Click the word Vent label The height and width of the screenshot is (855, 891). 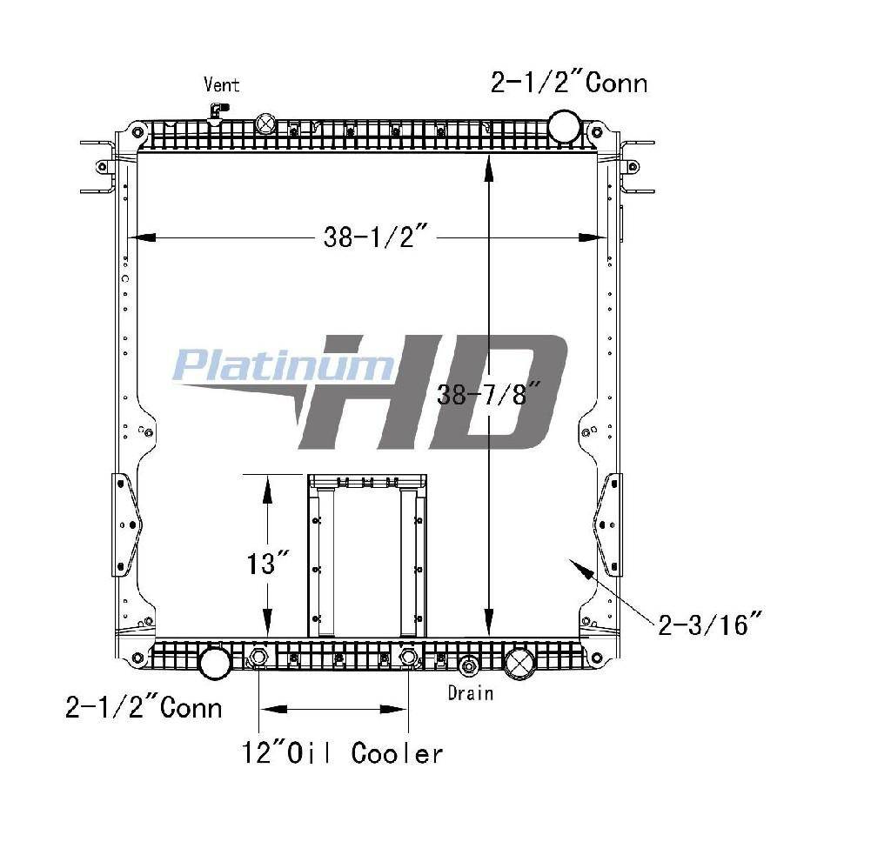[222, 84]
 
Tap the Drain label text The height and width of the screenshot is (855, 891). [470, 693]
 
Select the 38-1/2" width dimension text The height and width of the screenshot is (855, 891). [375, 237]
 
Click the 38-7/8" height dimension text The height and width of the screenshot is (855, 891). [487, 394]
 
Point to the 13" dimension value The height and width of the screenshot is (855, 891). [269, 564]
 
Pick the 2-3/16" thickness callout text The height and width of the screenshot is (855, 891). [708, 625]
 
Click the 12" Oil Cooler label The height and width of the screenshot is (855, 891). [342, 753]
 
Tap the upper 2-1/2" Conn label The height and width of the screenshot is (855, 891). [569, 83]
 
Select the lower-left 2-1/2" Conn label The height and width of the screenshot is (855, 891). [144, 708]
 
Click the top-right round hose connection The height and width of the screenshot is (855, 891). [564, 126]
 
